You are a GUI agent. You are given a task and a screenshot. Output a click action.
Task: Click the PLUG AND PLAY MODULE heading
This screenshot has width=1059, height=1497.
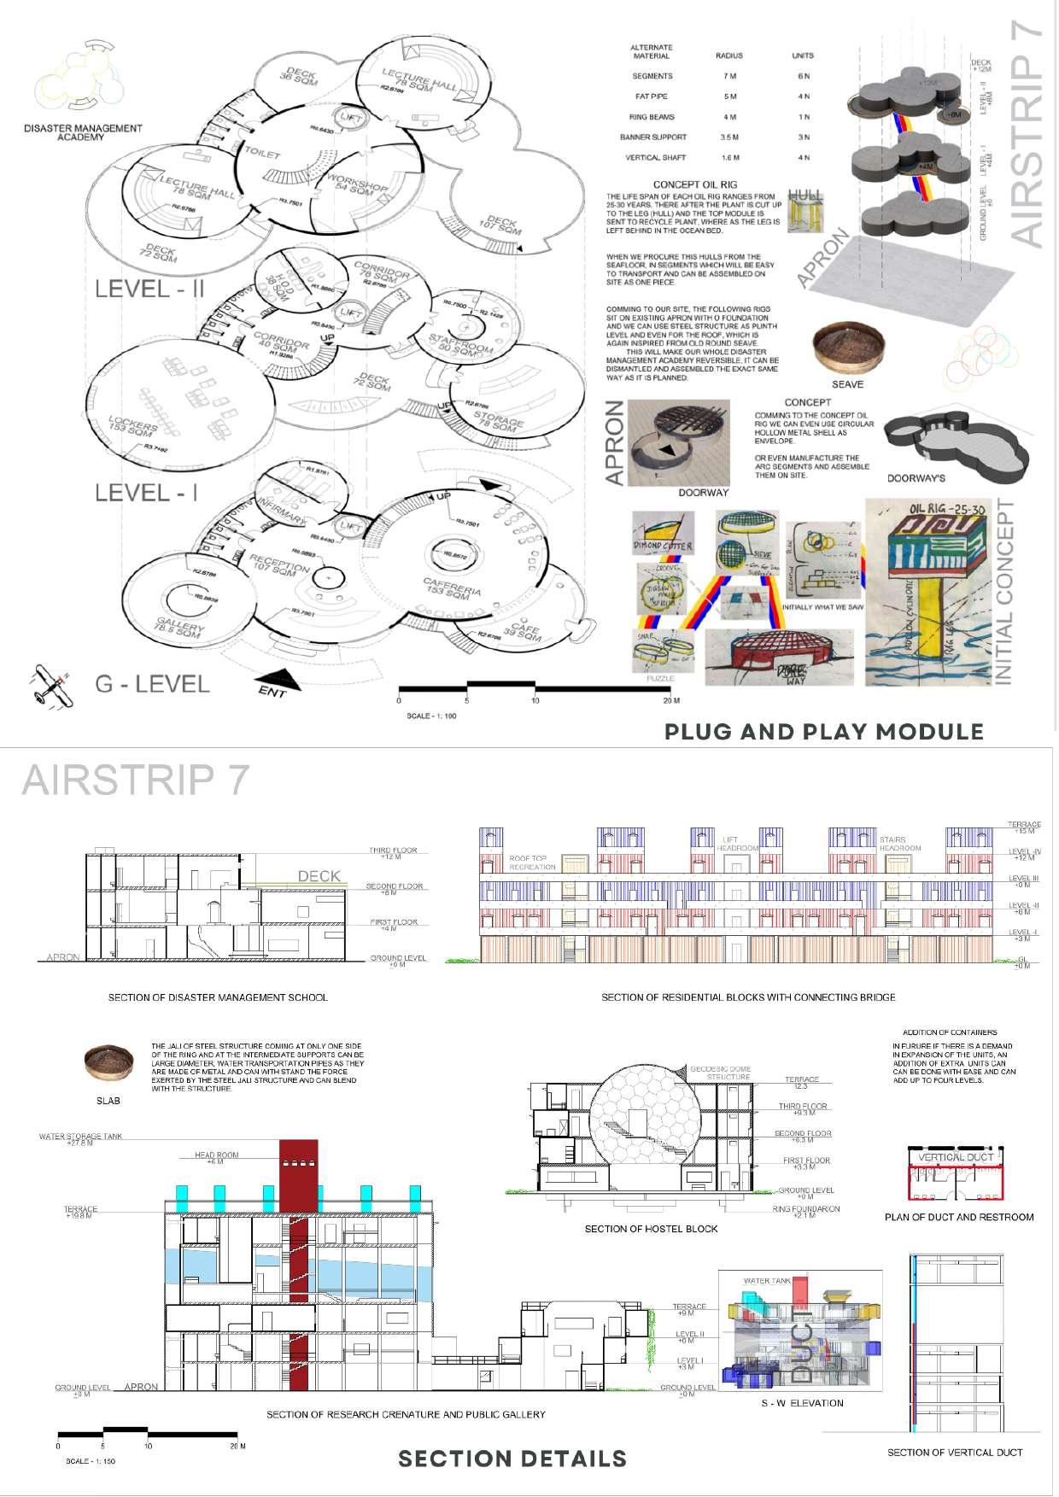824,732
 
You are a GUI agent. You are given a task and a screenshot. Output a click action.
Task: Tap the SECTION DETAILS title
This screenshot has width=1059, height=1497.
512,1459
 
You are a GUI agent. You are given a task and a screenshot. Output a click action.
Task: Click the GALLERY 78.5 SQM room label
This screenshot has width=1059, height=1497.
180,633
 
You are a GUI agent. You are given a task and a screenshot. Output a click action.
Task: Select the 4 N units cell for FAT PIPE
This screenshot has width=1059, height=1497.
802,96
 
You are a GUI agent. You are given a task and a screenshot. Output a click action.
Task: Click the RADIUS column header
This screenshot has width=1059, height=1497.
728,56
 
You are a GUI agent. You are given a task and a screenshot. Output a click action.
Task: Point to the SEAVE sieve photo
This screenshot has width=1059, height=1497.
847,350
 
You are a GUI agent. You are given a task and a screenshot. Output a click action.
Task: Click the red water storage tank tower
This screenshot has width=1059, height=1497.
298,1264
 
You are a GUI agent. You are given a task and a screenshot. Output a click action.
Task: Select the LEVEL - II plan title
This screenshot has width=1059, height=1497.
149,289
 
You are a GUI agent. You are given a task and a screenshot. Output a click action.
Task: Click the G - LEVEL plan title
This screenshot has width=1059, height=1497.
152,683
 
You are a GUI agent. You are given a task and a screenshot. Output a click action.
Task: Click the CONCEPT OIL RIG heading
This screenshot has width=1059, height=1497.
694,184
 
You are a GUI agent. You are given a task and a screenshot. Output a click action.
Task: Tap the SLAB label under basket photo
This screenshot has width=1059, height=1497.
108,1101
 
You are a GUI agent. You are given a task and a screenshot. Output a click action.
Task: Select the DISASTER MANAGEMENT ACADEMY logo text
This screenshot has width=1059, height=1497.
83,132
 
